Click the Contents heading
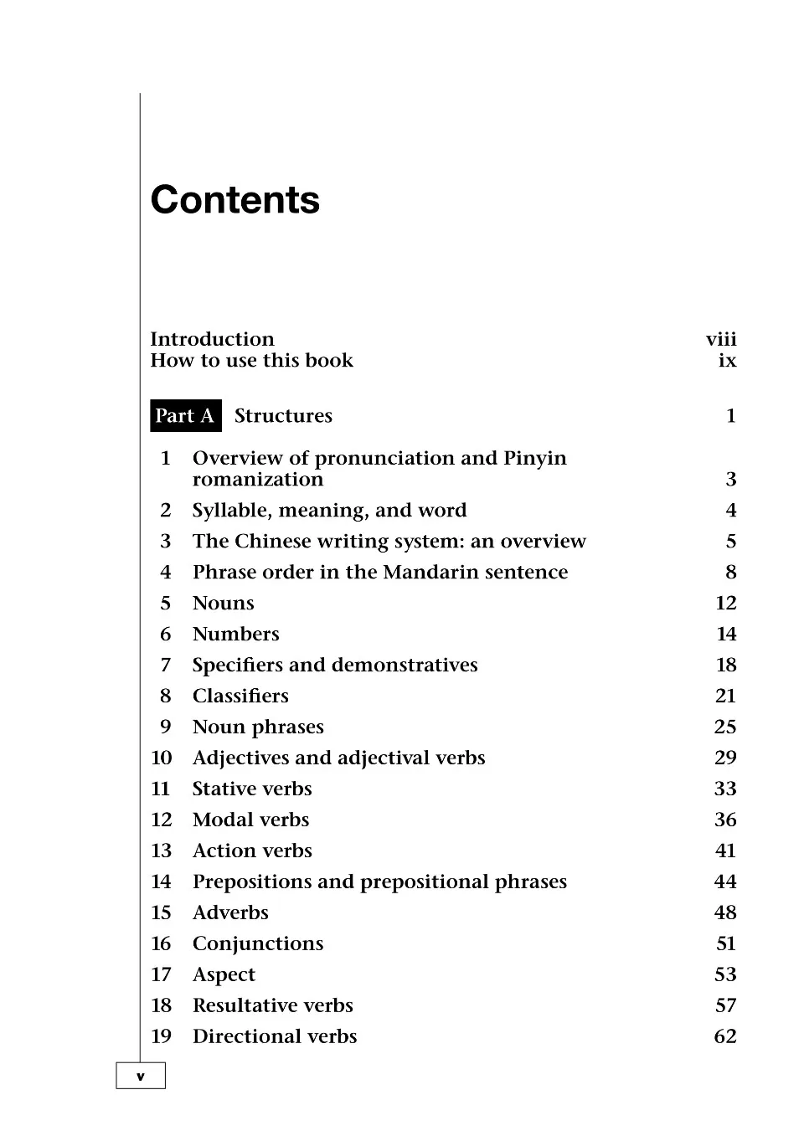tap(234, 200)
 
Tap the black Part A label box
tap(185, 416)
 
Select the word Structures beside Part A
tap(283, 416)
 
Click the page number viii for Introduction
tap(720, 339)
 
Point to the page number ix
tap(727, 361)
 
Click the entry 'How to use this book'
tap(251, 361)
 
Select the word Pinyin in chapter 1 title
tap(534, 459)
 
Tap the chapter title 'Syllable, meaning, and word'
tap(329, 511)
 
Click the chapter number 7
tap(165, 666)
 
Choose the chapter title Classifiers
tap(240, 697)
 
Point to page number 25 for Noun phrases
tap(724, 727)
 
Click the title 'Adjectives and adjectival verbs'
tap(338, 758)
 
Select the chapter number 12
tap(161, 820)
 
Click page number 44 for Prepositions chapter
tap(724, 882)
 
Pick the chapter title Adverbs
tap(230, 913)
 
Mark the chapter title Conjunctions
tap(257, 944)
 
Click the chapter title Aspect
tap(224, 975)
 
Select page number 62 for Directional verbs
tap(724, 1037)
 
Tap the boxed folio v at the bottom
tap(140, 1077)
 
